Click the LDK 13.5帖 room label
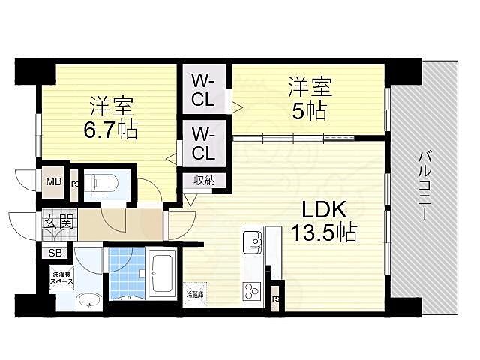click(x=328, y=220)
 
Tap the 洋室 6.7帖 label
click(x=109, y=118)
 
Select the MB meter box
click(x=53, y=181)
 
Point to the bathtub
click(x=163, y=274)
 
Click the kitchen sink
click(x=251, y=242)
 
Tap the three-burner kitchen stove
click(x=251, y=290)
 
